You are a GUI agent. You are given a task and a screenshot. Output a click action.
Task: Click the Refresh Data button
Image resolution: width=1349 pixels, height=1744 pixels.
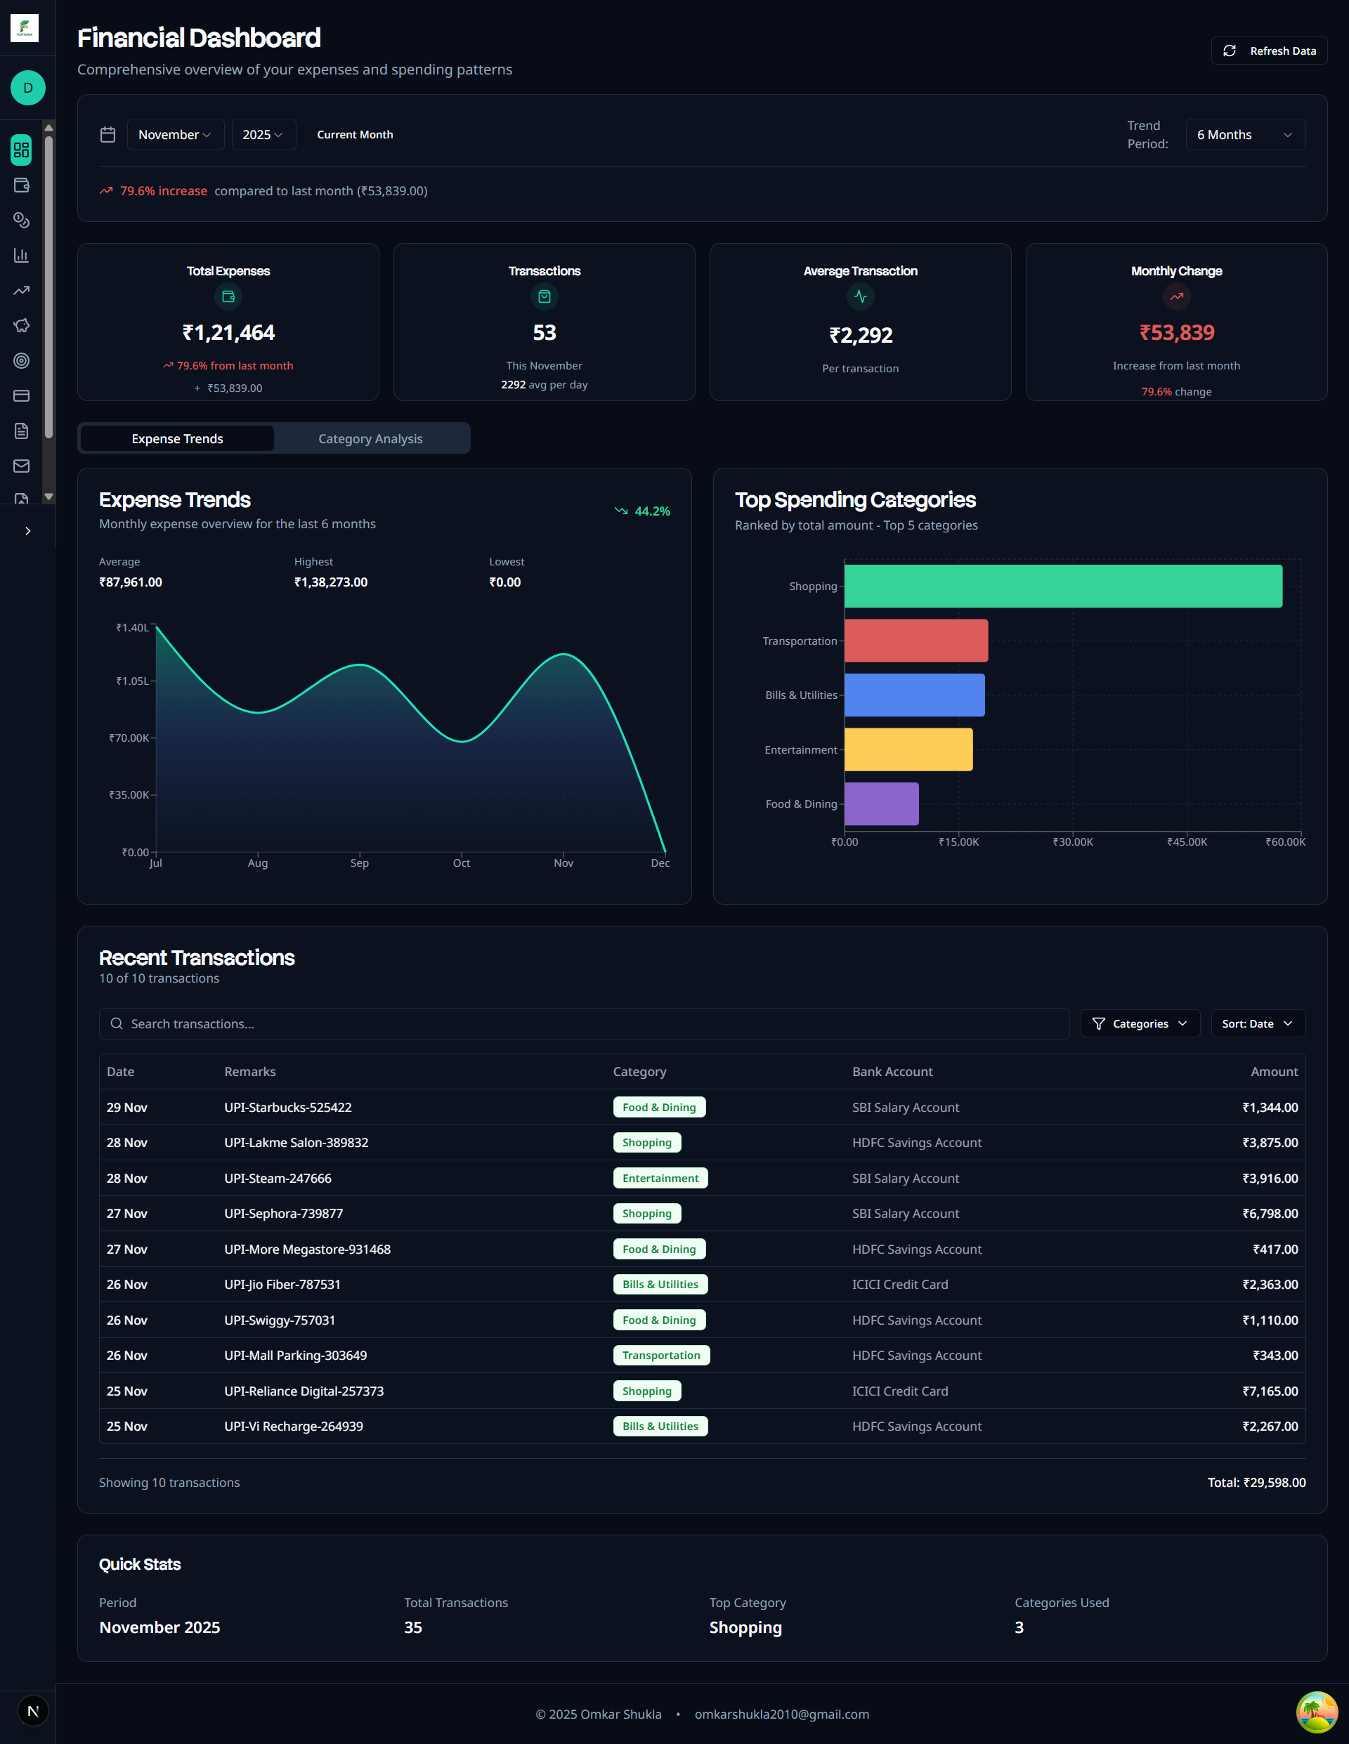[x=1268, y=51]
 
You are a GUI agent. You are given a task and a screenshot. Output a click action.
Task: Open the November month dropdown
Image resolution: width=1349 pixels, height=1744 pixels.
[x=175, y=135]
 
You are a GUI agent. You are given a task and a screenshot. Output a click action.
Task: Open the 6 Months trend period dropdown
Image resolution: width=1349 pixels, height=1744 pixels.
[x=1244, y=135]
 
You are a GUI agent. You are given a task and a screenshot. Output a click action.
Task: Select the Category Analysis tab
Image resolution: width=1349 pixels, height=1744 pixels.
[x=370, y=439]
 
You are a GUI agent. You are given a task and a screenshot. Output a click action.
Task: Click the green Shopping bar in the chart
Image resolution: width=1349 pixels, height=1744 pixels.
[x=1062, y=586]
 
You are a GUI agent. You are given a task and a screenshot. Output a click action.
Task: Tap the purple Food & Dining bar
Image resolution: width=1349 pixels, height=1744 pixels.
[x=881, y=804]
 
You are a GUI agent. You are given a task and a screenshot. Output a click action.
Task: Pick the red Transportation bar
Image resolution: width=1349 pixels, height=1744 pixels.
[x=915, y=641]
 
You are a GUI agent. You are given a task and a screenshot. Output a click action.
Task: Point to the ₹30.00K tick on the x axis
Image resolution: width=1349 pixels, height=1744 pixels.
[x=1073, y=841]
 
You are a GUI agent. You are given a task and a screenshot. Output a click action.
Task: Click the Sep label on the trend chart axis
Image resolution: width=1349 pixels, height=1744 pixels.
[x=360, y=863]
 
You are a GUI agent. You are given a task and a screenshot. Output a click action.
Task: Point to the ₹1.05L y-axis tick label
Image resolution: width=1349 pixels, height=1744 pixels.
[x=133, y=681]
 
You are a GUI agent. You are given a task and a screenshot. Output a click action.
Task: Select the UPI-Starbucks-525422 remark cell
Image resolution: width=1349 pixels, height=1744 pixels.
[x=287, y=1108]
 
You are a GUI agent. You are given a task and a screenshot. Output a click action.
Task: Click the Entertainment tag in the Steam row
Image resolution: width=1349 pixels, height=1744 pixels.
[x=660, y=1178]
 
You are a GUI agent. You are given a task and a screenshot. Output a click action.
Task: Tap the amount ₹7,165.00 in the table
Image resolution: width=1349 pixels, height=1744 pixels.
[x=1269, y=1391]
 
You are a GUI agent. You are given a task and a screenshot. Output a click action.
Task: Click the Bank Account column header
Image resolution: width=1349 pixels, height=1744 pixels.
[x=892, y=1072]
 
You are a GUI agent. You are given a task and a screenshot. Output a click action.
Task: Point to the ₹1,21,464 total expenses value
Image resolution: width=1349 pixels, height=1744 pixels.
[x=228, y=333]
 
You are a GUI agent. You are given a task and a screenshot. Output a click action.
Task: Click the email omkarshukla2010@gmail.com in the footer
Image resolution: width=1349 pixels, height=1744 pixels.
[x=781, y=1715]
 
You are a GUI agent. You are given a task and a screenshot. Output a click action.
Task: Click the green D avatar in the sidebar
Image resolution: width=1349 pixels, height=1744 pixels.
[x=28, y=88]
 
